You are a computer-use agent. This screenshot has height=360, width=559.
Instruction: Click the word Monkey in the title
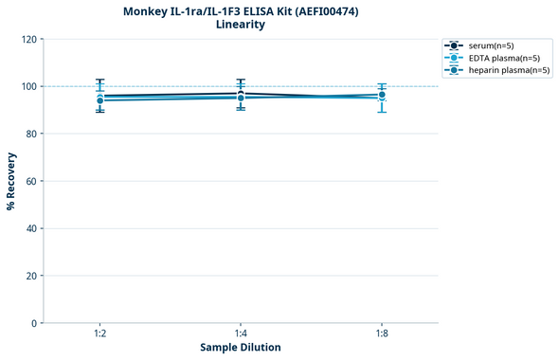(x=148, y=11)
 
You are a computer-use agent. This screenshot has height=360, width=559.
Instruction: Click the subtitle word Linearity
(x=241, y=25)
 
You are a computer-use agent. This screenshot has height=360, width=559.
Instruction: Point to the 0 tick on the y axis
(x=34, y=323)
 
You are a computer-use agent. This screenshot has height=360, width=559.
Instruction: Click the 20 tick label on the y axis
(x=31, y=276)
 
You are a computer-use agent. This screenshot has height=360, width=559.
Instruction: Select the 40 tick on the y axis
(x=31, y=228)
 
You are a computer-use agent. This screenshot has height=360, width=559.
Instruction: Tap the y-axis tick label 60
(x=31, y=181)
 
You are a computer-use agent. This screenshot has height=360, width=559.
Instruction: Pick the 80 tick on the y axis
(x=31, y=134)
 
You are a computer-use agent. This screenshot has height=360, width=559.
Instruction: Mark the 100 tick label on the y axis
(x=28, y=86)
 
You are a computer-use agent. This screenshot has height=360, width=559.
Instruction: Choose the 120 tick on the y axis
(x=28, y=39)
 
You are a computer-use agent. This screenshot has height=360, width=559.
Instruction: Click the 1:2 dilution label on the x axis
(x=99, y=333)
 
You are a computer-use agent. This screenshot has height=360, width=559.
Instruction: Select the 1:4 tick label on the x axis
(x=241, y=333)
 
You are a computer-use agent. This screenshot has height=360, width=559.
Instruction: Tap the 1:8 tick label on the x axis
(x=381, y=333)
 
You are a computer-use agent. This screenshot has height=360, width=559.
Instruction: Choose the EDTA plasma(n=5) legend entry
(x=504, y=58)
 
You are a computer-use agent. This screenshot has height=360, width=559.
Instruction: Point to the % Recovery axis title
(x=11, y=180)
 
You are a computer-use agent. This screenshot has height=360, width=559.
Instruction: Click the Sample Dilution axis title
(x=241, y=348)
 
